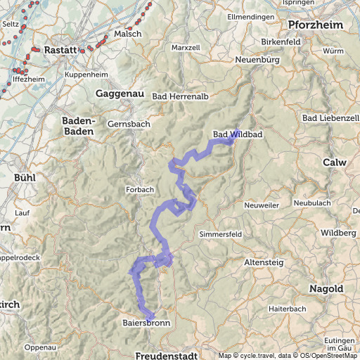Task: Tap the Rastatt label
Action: pos(60,51)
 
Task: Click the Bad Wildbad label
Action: pos(237,134)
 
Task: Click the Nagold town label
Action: pos(326,289)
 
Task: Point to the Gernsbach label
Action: pos(129,124)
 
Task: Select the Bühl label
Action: pos(24,177)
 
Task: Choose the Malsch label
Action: pos(128,33)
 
